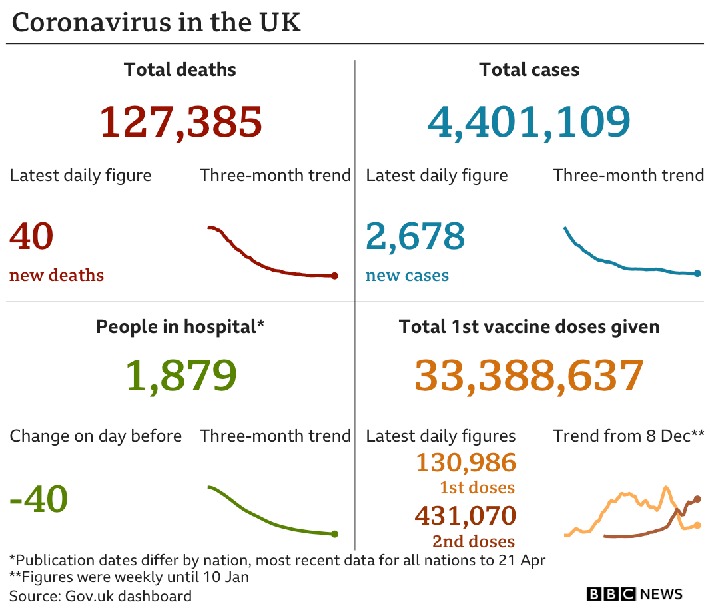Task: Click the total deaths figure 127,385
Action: (180, 121)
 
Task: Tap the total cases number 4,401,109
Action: (529, 121)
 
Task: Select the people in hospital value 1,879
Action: (180, 376)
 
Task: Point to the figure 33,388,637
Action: (529, 376)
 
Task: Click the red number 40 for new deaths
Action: (31, 236)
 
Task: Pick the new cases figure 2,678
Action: (415, 236)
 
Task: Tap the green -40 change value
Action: (39, 499)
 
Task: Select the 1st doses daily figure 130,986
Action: (466, 462)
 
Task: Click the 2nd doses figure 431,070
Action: (465, 515)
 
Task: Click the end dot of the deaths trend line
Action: (334, 276)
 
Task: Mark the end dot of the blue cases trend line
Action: (697, 273)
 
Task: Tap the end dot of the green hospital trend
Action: (334, 533)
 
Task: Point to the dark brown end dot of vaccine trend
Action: (697, 499)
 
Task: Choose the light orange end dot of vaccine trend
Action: (697, 525)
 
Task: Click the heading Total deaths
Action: (180, 70)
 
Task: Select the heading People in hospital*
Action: (180, 327)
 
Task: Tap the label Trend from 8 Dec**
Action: (628, 436)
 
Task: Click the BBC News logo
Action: (635, 594)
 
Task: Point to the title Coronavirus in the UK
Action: (157, 22)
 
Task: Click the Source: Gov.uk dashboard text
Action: (101, 595)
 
